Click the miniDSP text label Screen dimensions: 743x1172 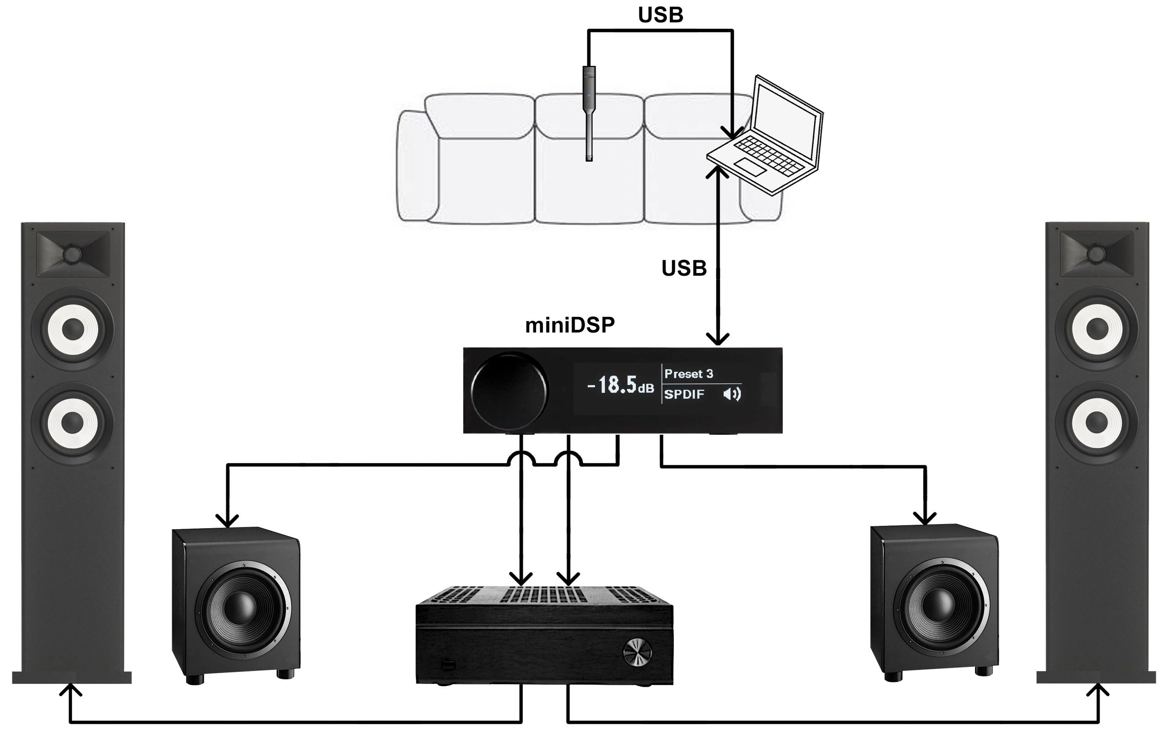[570, 325]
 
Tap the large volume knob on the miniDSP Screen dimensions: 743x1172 [509, 391]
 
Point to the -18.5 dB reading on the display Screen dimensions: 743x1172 [620, 385]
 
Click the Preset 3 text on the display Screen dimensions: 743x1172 [688, 374]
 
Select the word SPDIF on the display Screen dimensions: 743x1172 [684, 394]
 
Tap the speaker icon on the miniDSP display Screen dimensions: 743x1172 [732, 394]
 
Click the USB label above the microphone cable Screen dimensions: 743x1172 [660, 15]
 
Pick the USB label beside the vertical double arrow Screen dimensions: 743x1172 [684, 268]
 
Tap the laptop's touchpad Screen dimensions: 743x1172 [749, 167]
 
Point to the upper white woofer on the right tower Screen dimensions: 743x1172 [1097, 329]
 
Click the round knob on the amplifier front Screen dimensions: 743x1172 [637, 653]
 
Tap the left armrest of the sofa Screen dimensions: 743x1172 [417, 165]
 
